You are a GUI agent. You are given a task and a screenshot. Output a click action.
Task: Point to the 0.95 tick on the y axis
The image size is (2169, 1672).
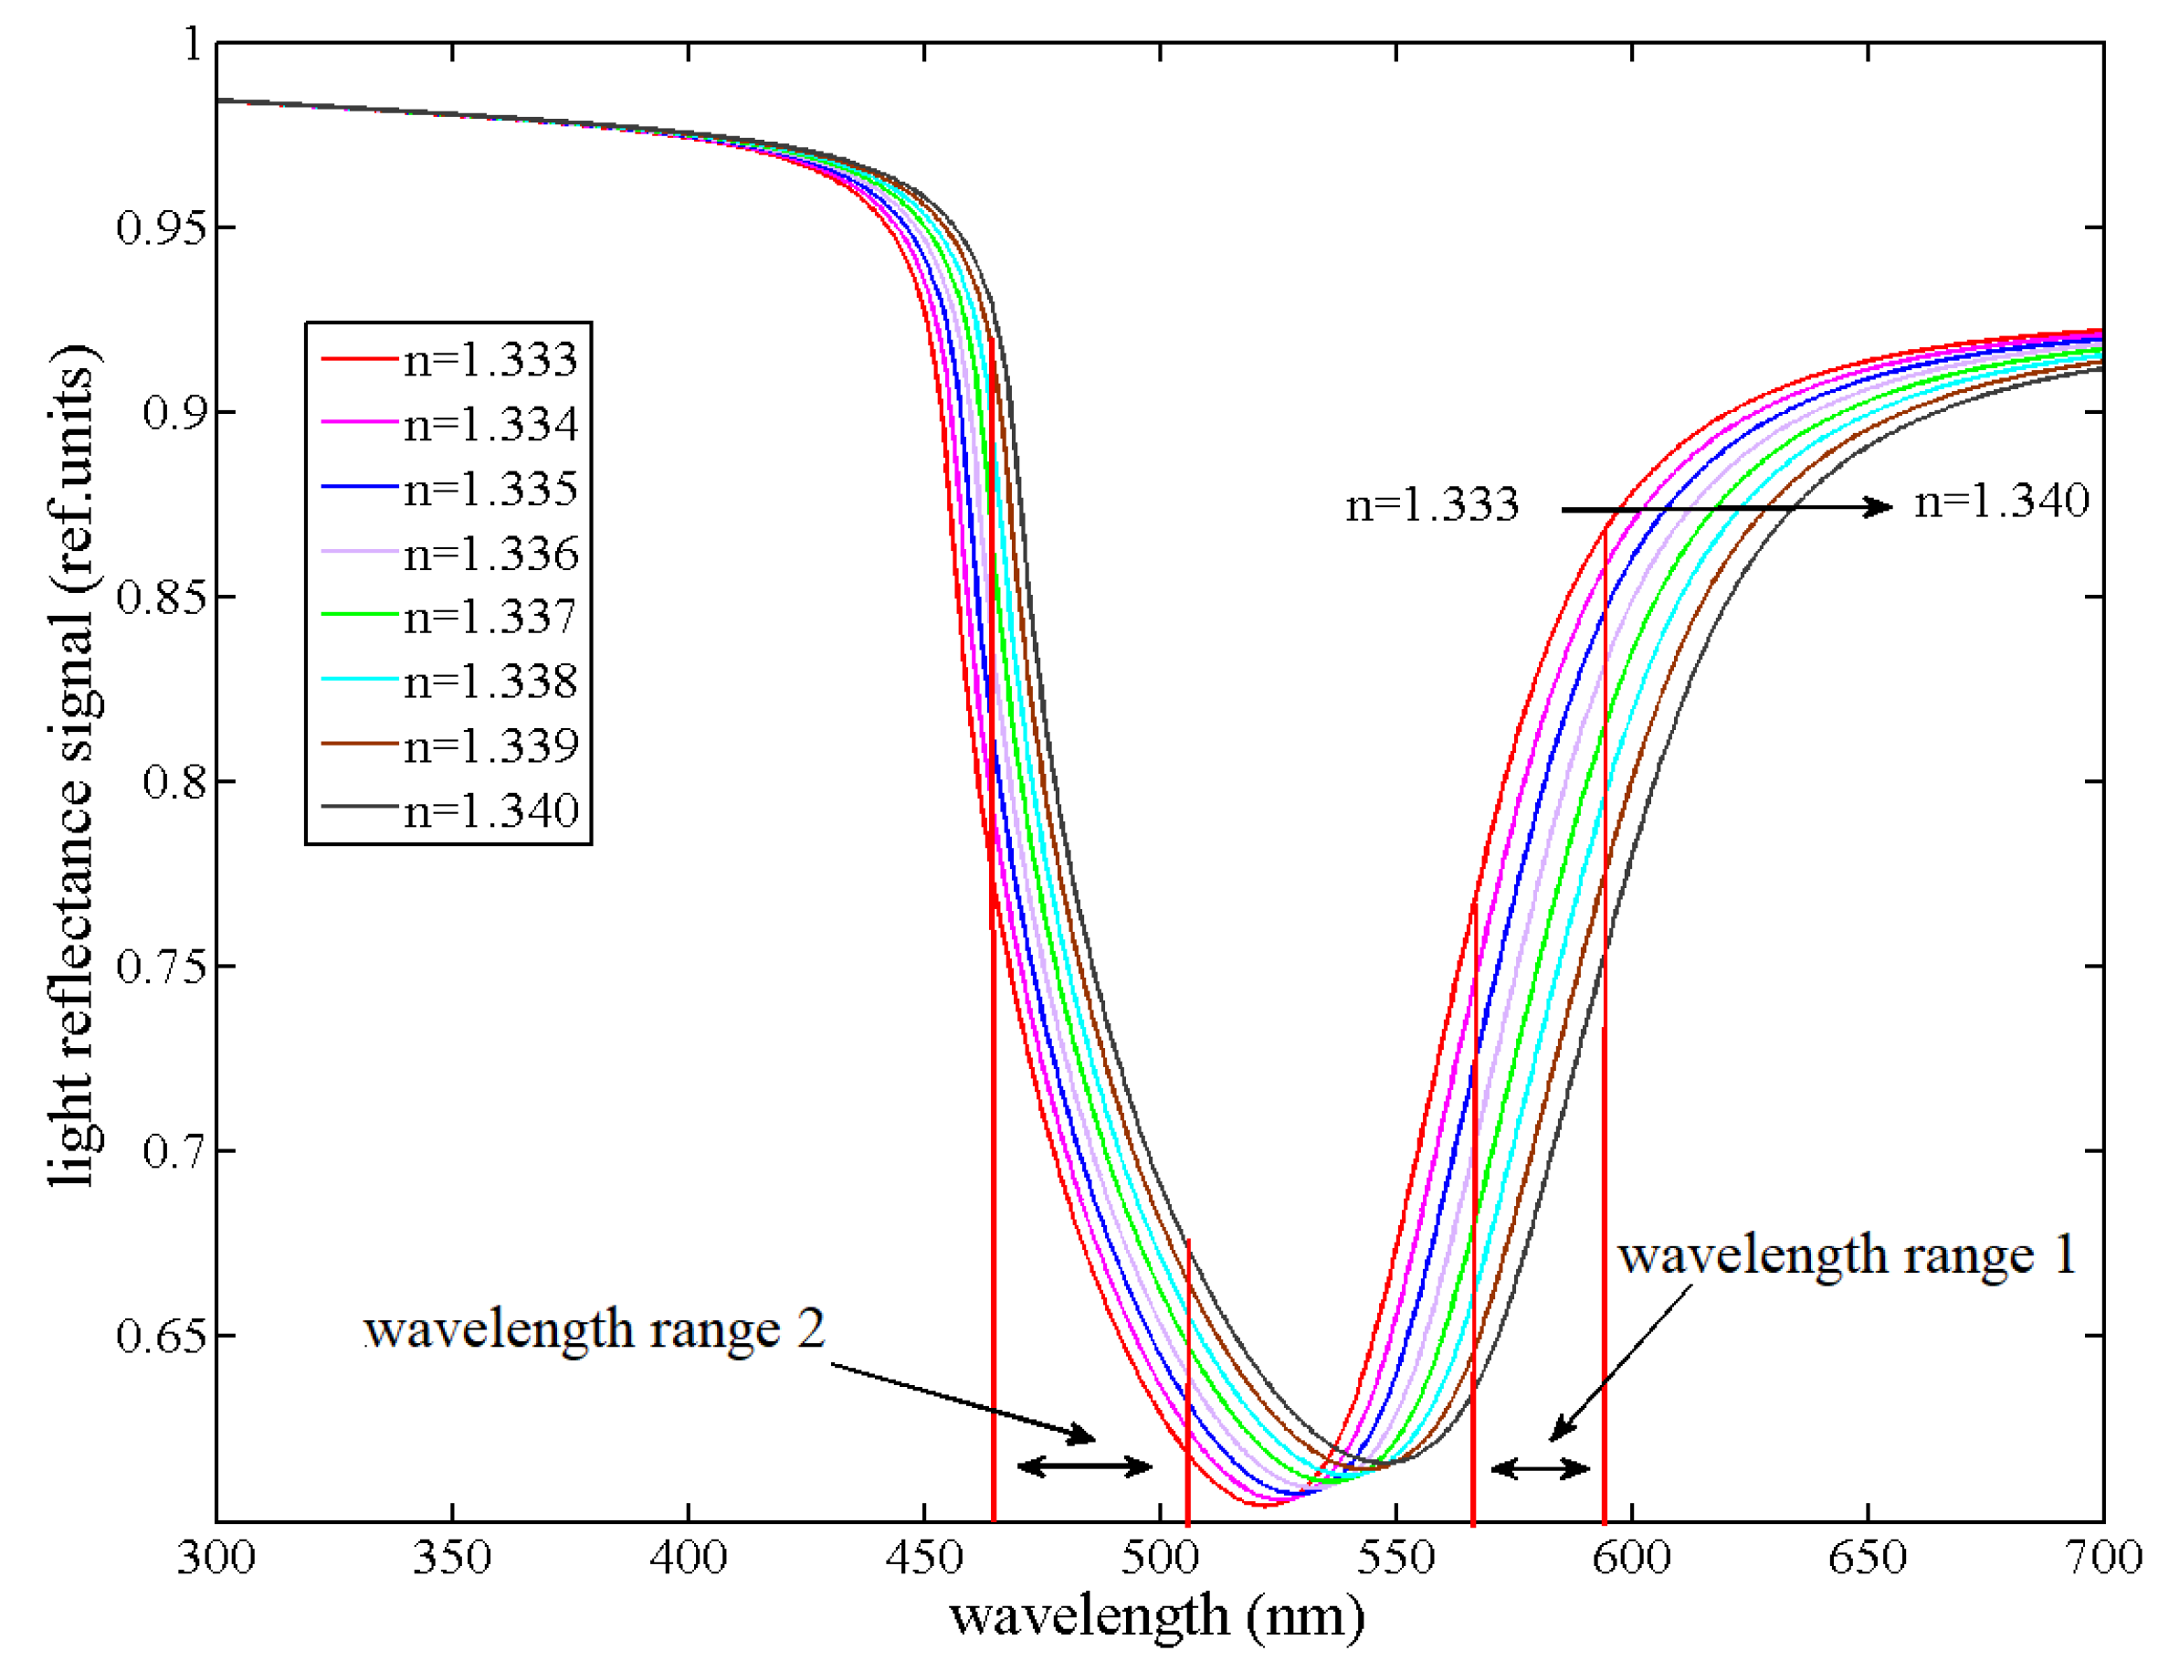(x=162, y=228)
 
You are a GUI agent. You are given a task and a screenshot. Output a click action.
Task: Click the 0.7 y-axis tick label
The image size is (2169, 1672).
(x=174, y=1150)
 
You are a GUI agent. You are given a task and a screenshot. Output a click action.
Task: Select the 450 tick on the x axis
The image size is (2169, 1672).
(x=923, y=1557)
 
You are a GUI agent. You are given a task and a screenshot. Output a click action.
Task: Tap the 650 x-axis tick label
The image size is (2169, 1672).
(x=1867, y=1557)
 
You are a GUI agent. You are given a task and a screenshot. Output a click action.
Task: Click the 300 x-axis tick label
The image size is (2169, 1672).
(x=216, y=1557)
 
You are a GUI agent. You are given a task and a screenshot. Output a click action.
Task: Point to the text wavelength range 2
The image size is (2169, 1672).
(x=594, y=1329)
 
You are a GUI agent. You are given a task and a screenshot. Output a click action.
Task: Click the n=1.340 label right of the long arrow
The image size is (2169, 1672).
(x=2001, y=501)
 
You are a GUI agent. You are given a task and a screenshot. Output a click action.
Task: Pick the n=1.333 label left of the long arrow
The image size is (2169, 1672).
(x=1432, y=505)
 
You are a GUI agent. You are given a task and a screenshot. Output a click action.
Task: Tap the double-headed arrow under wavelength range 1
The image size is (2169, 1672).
(x=1541, y=1467)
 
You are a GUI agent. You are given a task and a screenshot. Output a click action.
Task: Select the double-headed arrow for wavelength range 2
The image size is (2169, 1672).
(x=1085, y=1466)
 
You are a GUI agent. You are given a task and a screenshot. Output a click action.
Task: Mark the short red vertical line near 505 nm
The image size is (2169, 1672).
(x=1188, y=1381)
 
